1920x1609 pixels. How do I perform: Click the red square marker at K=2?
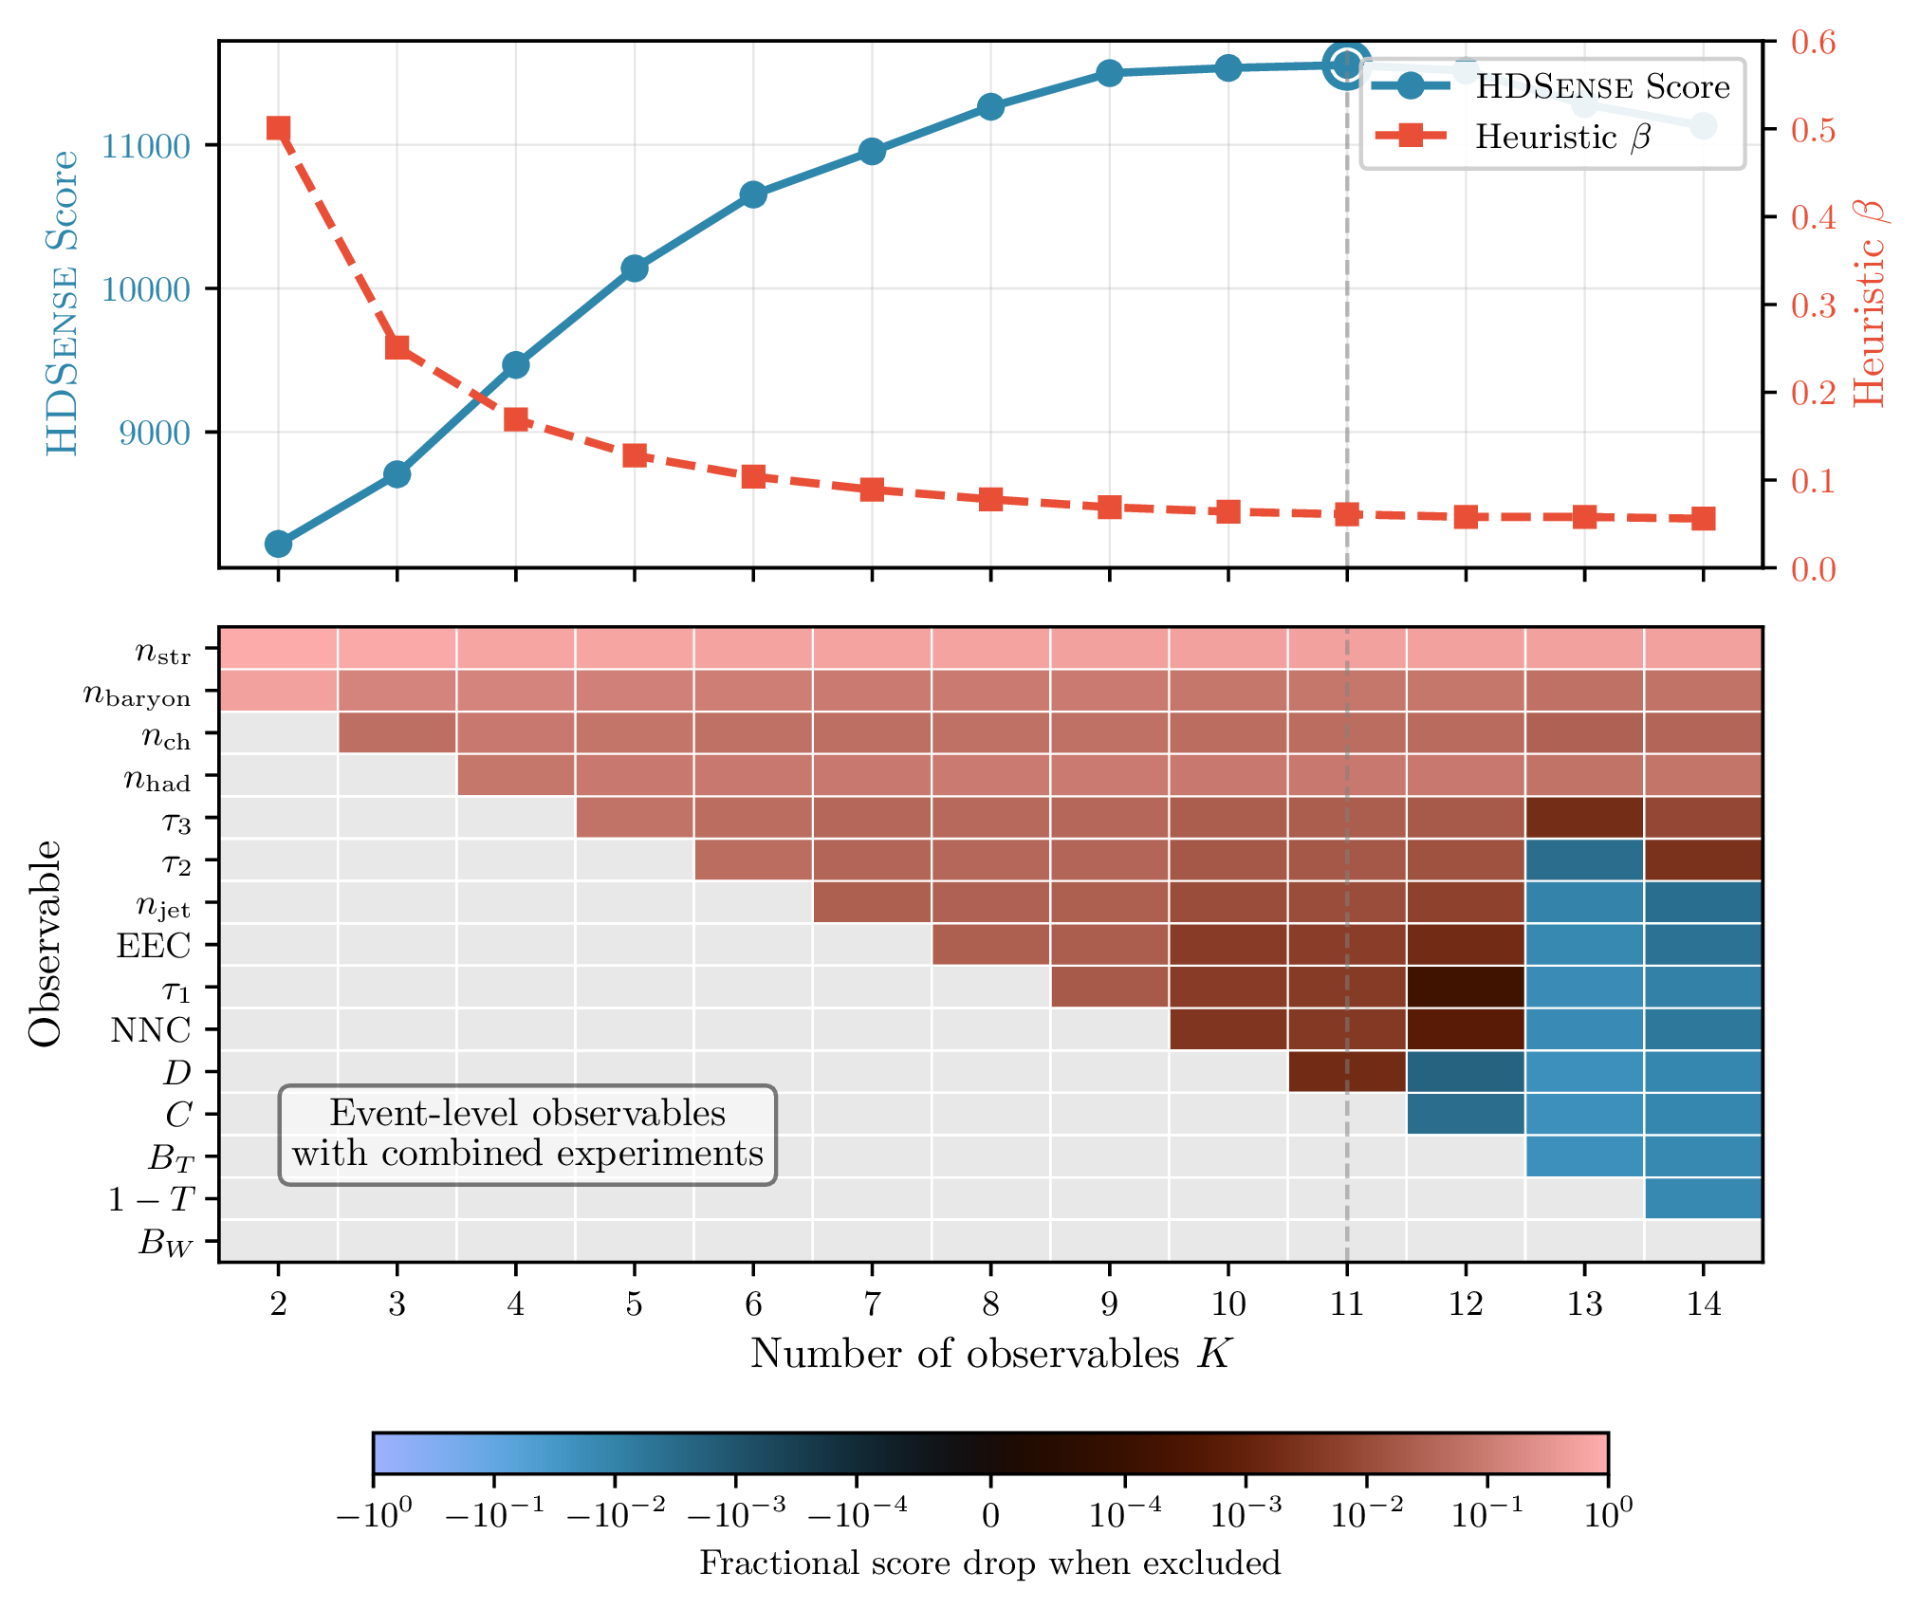(x=278, y=128)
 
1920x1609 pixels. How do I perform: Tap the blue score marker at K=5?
(x=635, y=268)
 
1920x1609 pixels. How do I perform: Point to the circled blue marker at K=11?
(x=1347, y=65)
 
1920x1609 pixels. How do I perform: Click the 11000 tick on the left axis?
(x=145, y=146)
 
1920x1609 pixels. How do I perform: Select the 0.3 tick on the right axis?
(x=1813, y=305)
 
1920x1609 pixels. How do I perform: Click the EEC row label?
(x=154, y=946)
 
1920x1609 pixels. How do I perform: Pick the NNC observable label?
(x=151, y=1030)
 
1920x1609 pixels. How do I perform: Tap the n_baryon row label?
(x=137, y=695)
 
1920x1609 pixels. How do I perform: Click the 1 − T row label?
(x=150, y=1200)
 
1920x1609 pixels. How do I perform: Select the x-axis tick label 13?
(x=1584, y=1304)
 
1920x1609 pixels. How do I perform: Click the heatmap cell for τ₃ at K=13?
(x=1584, y=818)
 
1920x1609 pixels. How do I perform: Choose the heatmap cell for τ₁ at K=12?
(x=1466, y=988)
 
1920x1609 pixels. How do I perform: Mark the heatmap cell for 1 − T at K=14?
(x=1704, y=1198)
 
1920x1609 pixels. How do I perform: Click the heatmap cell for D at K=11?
(x=1347, y=1072)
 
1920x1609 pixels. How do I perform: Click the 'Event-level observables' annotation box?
(x=527, y=1135)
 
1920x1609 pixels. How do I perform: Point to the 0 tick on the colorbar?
(x=990, y=1515)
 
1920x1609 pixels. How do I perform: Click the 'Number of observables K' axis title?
(x=990, y=1354)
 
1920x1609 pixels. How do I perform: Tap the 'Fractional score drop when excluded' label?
(x=990, y=1563)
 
